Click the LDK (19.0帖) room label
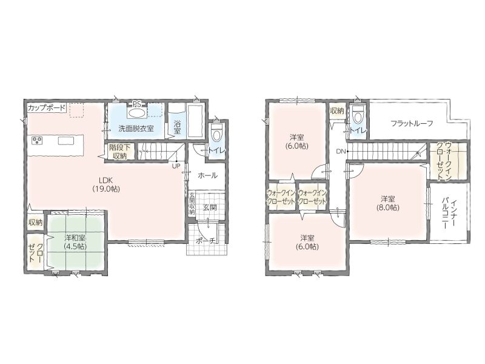105,184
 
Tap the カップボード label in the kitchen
47,108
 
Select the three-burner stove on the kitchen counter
38,141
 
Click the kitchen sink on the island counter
66,141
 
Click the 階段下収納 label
119,152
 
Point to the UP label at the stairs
176,166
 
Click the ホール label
207,175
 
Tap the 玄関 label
209,207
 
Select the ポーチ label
206,241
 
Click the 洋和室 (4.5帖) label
75,242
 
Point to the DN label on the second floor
341,151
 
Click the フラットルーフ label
412,124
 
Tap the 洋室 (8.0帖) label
387,203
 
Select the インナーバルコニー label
449,214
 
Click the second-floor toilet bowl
358,116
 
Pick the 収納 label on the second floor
337,111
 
